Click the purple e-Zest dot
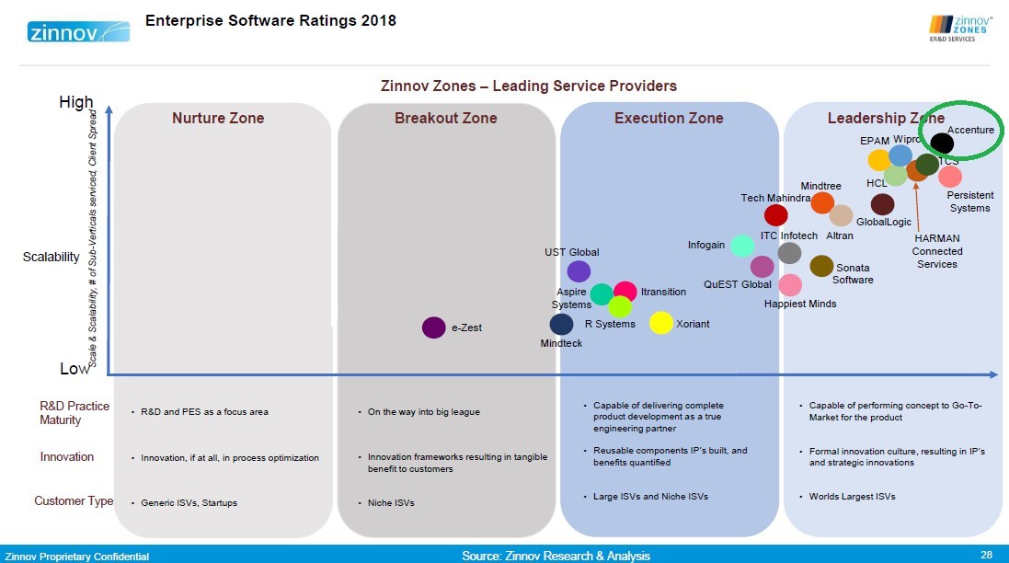(x=434, y=327)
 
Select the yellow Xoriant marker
(x=661, y=323)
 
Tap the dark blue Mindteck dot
(x=561, y=324)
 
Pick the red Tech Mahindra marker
(x=776, y=215)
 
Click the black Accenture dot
(x=941, y=144)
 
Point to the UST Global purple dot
(x=579, y=271)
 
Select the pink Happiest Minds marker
(x=790, y=285)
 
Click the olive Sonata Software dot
(x=821, y=266)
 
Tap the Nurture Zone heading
(x=218, y=118)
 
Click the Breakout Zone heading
(x=445, y=118)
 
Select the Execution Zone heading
(x=669, y=118)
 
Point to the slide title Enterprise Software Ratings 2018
(x=271, y=20)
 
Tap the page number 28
(x=986, y=554)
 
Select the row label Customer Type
(x=74, y=501)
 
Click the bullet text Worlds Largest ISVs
(x=852, y=497)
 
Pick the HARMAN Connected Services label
(x=937, y=251)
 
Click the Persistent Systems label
(x=969, y=201)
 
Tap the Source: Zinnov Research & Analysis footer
(x=556, y=556)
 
